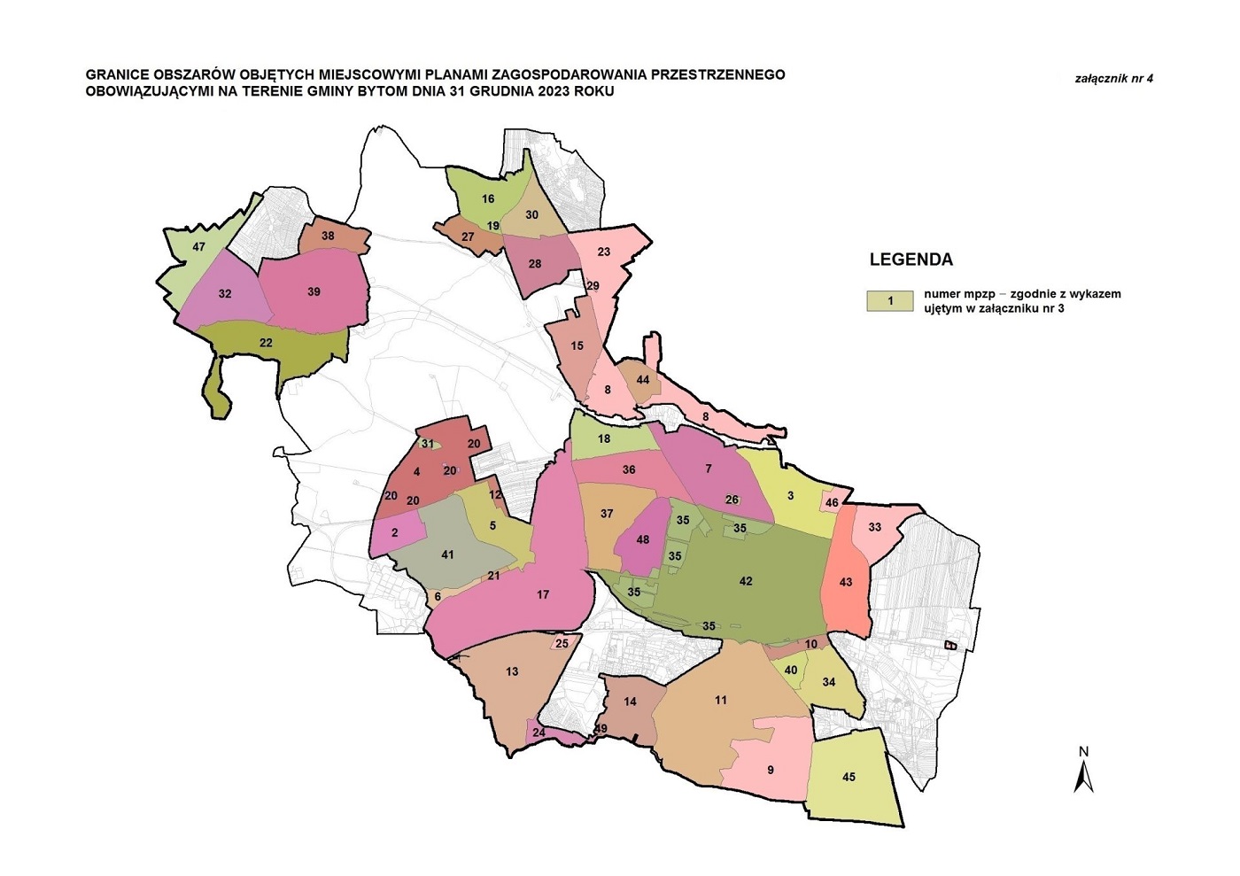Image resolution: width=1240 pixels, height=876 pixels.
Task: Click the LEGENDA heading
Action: [x=911, y=260]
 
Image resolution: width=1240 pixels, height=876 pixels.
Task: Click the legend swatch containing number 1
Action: [x=890, y=301]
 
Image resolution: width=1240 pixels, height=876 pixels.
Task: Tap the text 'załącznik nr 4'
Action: [x=1113, y=78]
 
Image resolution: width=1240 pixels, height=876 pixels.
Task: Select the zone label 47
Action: [x=198, y=246]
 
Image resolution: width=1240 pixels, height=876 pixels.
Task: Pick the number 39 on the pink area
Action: [x=314, y=291]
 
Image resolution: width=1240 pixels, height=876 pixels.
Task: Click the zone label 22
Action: [x=266, y=343]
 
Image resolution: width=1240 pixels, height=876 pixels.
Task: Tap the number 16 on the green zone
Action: [x=487, y=198]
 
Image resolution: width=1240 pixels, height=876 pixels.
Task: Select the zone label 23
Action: [x=604, y=252]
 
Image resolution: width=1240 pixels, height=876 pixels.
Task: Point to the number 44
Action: [x=643, y=380]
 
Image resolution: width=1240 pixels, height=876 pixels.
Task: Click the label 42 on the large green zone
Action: [x=746, y=581]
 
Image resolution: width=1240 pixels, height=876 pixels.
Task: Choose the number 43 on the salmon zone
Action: [x=846, y=582]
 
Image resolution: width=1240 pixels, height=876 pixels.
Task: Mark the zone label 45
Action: [x=849, y=777]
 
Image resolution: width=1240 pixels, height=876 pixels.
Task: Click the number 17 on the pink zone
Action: [x=543, y=594]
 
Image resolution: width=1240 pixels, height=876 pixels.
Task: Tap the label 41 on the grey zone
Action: [x=447, y=554]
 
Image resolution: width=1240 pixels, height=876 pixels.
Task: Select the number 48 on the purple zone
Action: [x=643, y=539]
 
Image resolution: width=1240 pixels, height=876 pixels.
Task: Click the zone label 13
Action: [x=512, y=671]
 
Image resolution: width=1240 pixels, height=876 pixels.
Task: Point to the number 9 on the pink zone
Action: [x=770, y=770]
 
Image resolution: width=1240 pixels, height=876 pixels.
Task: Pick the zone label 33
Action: [x=874, y=527]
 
